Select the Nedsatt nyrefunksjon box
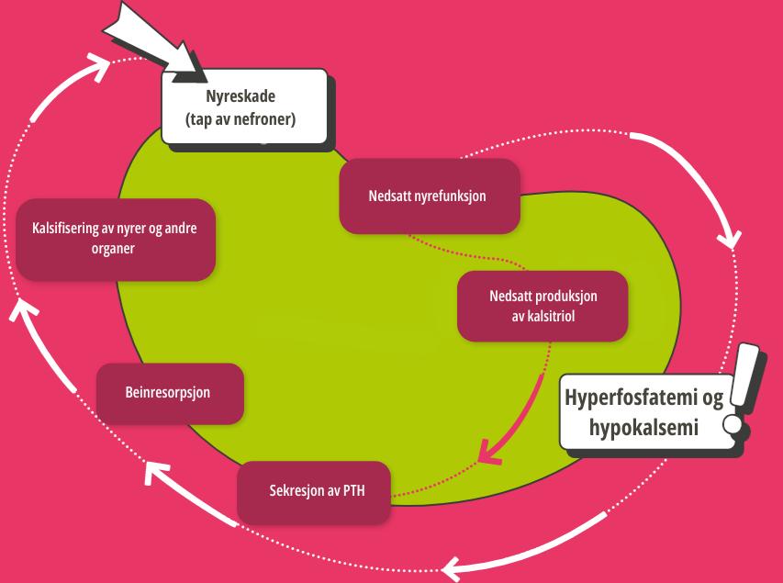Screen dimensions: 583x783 click(x=429, y=196)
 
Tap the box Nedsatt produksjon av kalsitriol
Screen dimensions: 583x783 click(x=543, y=306)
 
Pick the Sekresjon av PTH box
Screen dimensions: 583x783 click(x=313, y=492)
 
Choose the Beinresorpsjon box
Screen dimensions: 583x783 click(x=169, y=393)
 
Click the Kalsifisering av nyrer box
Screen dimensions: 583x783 click(x=116, y=239)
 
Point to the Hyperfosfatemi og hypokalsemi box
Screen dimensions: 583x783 click(x=643, y=412)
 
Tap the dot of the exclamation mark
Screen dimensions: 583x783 click(x=733, y=425)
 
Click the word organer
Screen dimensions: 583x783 click(x=116, y=249)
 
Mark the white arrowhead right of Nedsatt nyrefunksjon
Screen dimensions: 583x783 click(x=730, y=241)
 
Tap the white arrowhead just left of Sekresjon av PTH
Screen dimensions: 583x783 click(x=157, y=474)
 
